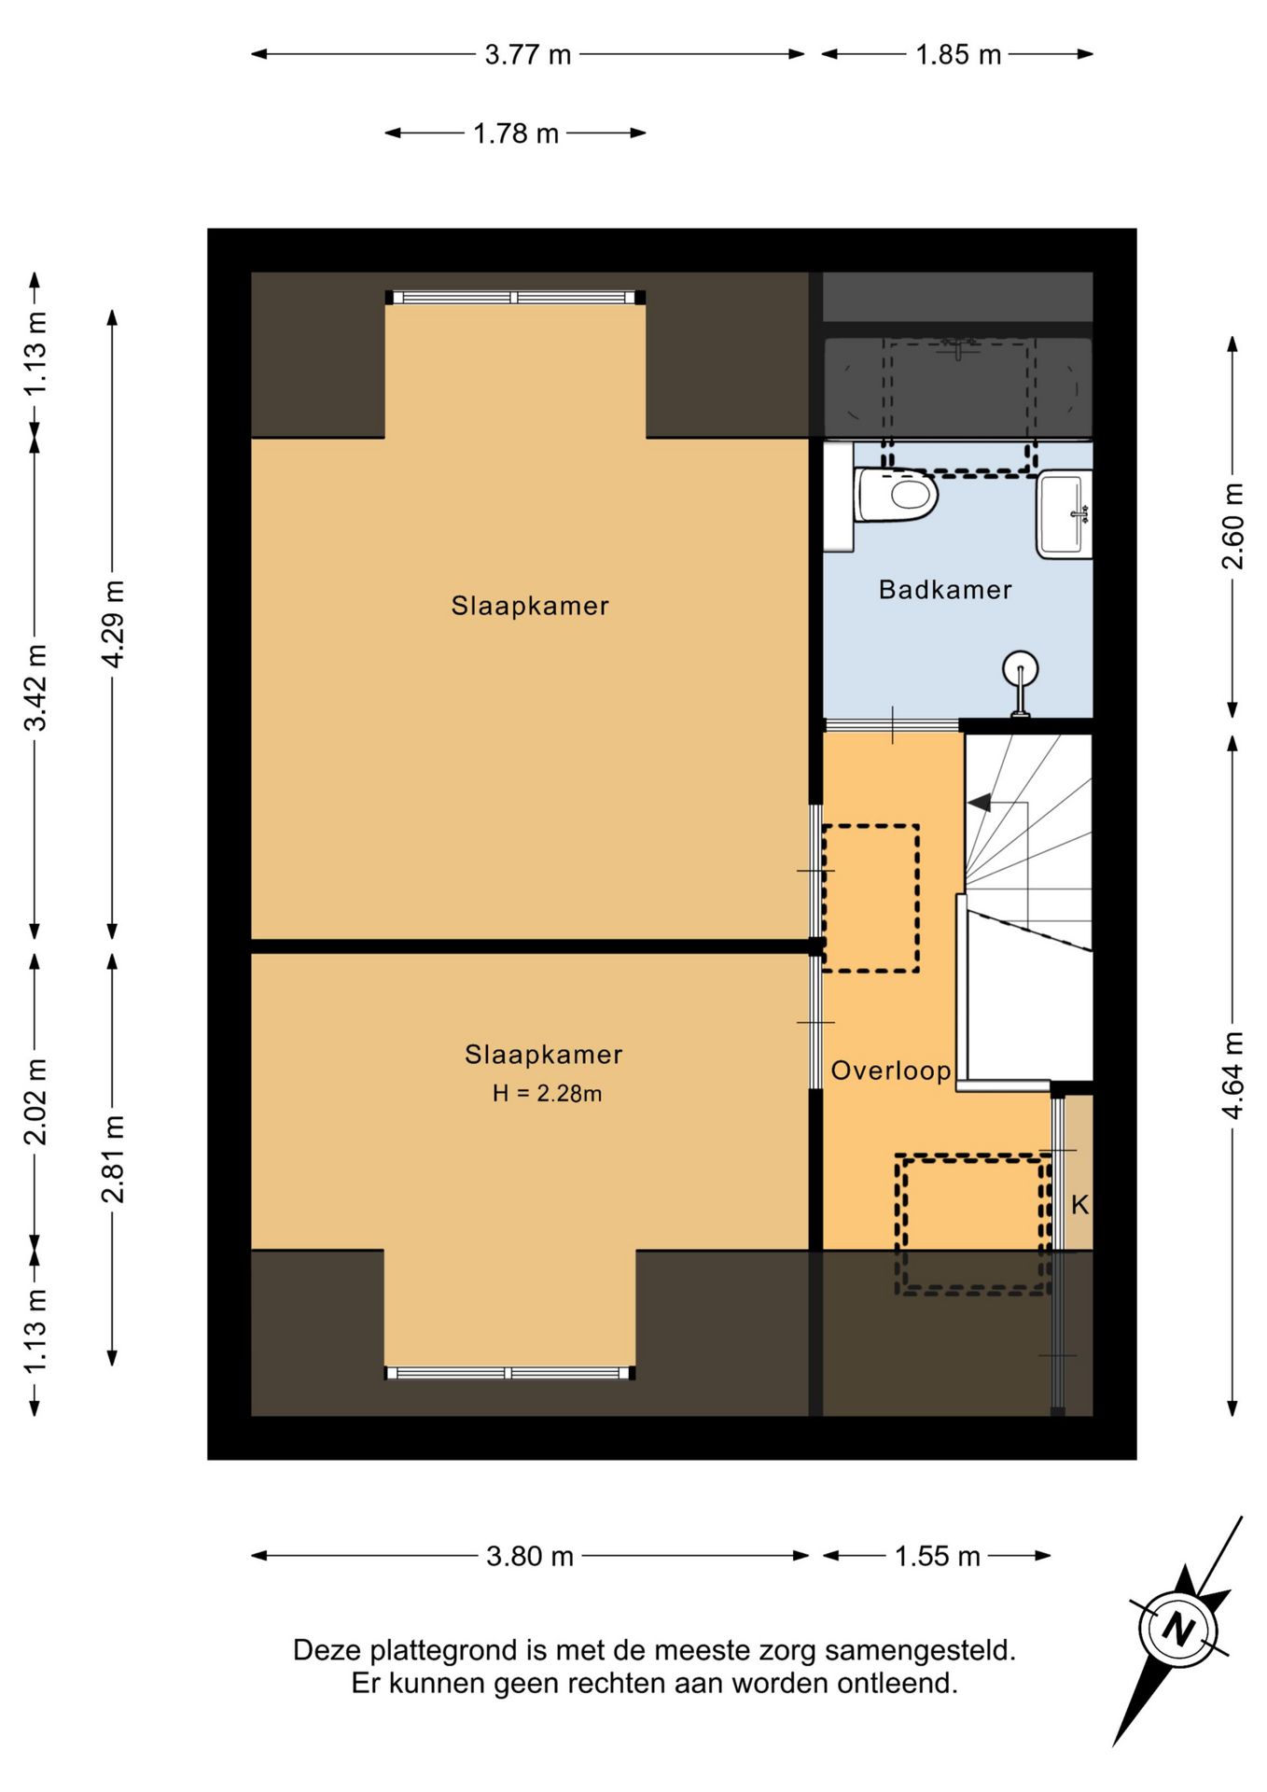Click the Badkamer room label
pyautogui.click(x=945, y=590)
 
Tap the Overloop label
pyautogui.click(x=891, y=1071)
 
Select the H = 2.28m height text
pyautogui.click(x=547, y=1093)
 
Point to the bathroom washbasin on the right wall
pyautogui.click(x=1064, y=515)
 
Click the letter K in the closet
pyautogui.click(x=1079, y=1205)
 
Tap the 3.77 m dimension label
pyautogui.click(x=527, y=55)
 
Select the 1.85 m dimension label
pyautogui.click(x=958, y=55)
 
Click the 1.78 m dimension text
pyautogui.click(x=516, y=134)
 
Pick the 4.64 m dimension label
pyautogui.click(x=1232, y=1075)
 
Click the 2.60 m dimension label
pyautogui.click(x=1232, y=525)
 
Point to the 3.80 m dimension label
pyautogui.click(x=530, y=1557)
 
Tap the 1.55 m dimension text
pyautogui.click(x=938, y=1557)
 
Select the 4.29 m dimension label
pyautogui.click(x=112, y=623)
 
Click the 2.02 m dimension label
pyautogui.click(x=35, y=1101)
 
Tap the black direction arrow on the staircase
pyautogui.click(x=980, y=802)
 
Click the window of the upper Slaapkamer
pyautogui.click(x=516, y=298)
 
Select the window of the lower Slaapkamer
pyautogui.click(x=510, y=1373)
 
